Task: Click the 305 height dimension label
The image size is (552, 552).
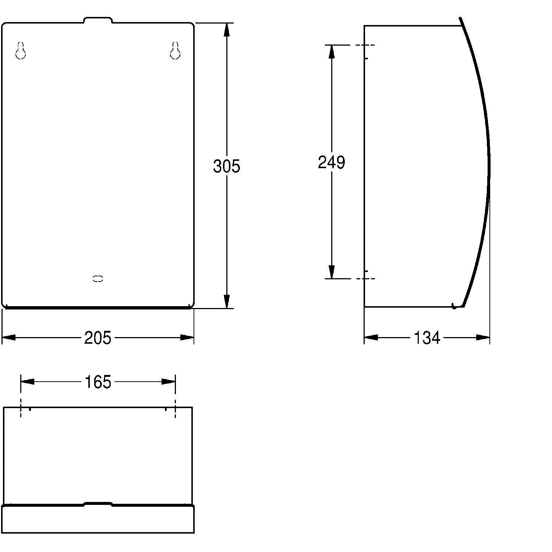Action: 226,166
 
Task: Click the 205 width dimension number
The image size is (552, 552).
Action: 98,338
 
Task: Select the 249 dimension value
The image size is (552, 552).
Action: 332,162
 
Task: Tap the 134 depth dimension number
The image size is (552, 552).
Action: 427,338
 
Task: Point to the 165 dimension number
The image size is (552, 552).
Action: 98,382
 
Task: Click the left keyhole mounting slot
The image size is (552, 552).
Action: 21,51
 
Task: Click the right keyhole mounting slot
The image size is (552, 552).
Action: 175,51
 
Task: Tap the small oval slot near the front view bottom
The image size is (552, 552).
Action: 98,279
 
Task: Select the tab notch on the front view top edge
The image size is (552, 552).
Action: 98,20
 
